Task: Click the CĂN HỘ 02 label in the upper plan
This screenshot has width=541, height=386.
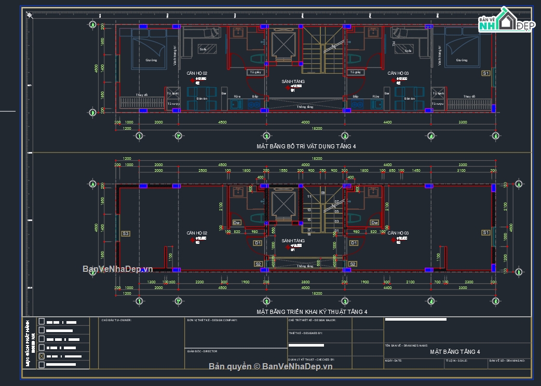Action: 197,73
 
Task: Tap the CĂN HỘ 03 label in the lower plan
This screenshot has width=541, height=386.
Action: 398,233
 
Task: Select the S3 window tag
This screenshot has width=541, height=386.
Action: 125,233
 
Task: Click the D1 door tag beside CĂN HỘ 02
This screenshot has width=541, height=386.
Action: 258,243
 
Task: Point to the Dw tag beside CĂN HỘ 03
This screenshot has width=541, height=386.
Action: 374,223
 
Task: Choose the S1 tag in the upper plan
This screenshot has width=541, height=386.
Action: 486,73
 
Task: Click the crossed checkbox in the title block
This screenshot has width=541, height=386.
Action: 42,356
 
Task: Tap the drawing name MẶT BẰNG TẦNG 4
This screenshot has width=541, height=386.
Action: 455,352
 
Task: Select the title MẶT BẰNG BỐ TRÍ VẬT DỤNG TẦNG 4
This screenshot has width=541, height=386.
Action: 306,146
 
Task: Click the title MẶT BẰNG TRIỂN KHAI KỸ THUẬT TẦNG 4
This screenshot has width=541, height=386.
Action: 312,312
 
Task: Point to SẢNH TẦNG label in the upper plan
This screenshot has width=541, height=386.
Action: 293,81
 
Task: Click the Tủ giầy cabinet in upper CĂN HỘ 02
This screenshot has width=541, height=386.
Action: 254,72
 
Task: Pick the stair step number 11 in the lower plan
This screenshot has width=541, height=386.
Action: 309,197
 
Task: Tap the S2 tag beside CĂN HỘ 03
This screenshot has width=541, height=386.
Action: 353,264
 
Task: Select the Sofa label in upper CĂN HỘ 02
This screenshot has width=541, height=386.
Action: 203,49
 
